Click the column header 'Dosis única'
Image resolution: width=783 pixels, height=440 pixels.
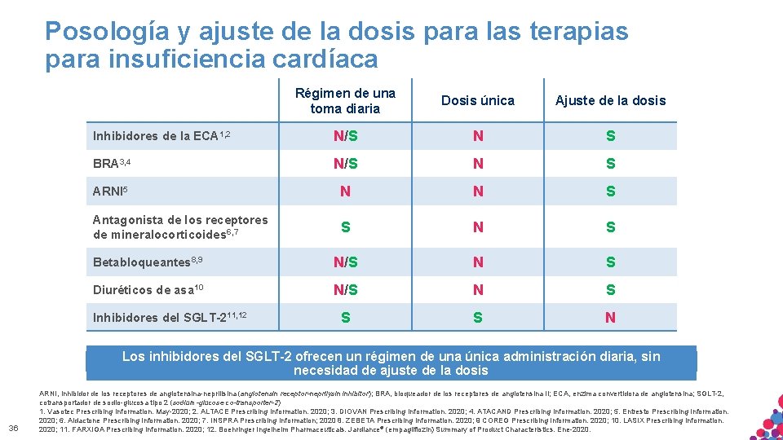[x=477, y=100]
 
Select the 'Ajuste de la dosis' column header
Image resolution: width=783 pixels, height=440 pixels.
[x=610, y=101]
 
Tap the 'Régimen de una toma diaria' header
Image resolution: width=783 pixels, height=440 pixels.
[x=345, y=101]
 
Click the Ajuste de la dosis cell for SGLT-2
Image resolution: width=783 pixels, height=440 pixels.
[x=610, y=318]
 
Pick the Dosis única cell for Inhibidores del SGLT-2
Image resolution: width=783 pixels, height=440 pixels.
[x=477, y=318]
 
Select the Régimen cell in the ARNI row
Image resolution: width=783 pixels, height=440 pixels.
[x=345, y=191]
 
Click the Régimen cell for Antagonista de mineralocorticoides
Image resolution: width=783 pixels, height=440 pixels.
[x=345, y=227]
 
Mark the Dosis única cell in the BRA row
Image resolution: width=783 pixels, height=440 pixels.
[x=477, y=164]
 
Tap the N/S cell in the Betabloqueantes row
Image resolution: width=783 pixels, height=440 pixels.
[x=345, y=262]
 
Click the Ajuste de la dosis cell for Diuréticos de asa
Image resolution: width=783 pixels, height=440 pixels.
[x=610, y=290]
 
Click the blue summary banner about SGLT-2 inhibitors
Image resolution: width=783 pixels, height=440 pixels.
[x=391, y=363]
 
